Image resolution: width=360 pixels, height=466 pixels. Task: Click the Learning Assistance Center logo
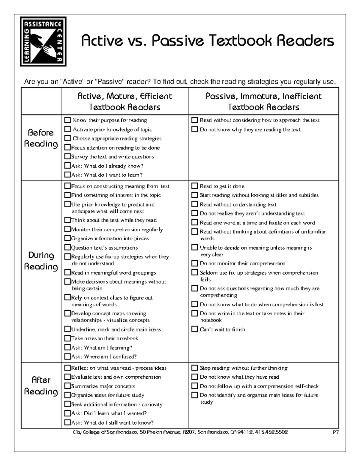[43, 41]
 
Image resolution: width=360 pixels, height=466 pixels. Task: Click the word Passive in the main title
[175, 41]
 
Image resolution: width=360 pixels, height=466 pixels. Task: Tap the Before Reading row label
[41, 138]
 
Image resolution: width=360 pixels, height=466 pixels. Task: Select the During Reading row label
[41, 261]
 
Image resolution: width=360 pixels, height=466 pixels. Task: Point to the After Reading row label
[41, 386]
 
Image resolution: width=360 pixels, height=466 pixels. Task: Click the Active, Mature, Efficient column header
[124, 102]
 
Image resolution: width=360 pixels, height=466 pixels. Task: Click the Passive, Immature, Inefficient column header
[263, 102]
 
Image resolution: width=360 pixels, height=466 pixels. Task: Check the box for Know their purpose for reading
[67, 120]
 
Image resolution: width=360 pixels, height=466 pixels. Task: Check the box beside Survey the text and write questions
[67, 157]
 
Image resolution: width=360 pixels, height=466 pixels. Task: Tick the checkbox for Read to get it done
[195, 186]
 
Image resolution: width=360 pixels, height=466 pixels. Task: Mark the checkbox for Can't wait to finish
[195, 329]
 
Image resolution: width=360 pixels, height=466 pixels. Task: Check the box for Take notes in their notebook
[67, 338]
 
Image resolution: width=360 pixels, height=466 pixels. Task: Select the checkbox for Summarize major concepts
[67, 386]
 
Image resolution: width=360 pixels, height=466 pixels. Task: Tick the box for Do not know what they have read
[195, 377]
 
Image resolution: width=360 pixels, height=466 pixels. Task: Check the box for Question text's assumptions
[67, 248]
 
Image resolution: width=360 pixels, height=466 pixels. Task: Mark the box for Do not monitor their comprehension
[195, 263]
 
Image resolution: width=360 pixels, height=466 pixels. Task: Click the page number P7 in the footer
[336, 432]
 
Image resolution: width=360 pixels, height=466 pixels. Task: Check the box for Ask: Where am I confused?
[67, 357]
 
